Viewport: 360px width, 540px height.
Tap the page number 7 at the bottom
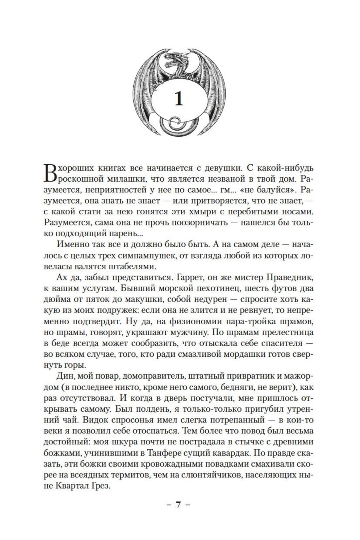point(178,513)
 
